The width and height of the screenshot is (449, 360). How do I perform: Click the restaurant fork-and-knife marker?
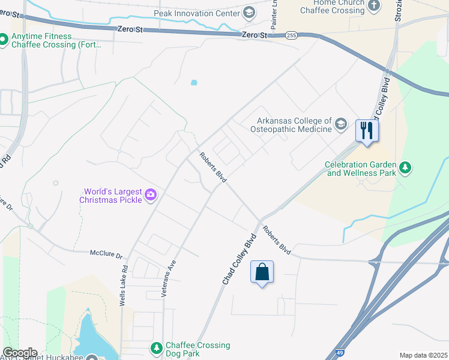click(x=366, y=130)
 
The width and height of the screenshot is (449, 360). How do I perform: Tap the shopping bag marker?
click(x=262, y=272)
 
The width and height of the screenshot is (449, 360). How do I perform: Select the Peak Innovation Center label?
click(x=197, y=13)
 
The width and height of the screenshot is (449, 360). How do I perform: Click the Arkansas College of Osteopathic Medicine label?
click(x=294, y=125)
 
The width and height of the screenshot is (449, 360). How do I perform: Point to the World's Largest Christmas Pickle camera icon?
click(x=151, y=194)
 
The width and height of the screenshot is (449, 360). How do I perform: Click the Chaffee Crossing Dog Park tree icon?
click(x=156, y=348)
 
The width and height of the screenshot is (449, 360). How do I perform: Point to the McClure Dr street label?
click(x=106, y=254)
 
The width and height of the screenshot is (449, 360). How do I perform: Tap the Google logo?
click(x=20, y=353)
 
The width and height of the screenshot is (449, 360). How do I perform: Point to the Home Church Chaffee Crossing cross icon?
click(x=375, y=5)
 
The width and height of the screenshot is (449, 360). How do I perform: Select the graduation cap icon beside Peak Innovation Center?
click(x=249, y=13)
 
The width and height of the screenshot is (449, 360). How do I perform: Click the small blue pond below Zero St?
click(x=193, y=83)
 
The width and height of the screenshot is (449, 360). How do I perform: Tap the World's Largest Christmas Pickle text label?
click(x=113, y=196)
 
